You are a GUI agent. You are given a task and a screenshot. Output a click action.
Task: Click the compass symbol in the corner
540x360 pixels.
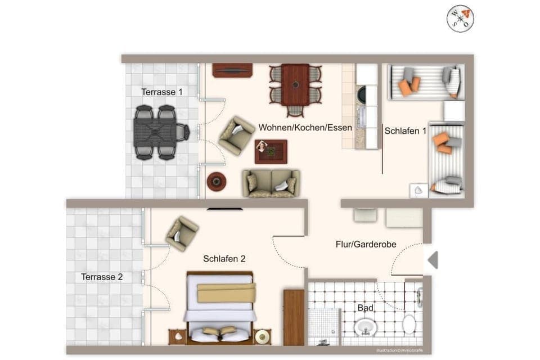460,19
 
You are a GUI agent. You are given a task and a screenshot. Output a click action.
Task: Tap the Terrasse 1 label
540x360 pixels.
161,92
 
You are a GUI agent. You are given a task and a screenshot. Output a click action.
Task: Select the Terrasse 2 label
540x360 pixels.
102,277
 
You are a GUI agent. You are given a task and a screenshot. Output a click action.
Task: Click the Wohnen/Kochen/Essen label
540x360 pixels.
305,128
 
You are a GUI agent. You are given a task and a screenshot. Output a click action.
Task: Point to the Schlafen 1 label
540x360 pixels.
405,131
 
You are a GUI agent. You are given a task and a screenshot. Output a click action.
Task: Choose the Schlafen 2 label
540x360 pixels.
224,259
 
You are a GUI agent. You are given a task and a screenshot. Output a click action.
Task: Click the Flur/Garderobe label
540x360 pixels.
366,244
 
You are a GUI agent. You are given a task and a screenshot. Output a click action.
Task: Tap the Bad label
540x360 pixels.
365,308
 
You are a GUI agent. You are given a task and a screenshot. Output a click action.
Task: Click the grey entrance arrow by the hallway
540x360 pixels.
433,260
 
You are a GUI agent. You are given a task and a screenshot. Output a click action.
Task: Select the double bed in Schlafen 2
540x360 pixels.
220,307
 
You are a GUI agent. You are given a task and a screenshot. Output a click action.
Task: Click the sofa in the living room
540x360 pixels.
271,183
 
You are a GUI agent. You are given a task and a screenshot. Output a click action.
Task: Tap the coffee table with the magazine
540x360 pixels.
271,151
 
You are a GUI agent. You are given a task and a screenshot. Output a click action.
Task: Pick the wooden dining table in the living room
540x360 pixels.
295,85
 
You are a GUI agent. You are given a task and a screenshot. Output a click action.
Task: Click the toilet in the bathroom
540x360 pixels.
409,325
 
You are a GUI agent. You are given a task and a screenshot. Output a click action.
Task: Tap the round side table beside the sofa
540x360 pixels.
217,181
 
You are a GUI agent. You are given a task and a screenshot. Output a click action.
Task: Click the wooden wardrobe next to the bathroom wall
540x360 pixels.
294,317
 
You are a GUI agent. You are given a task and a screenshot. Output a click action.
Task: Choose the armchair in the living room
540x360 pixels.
236,135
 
